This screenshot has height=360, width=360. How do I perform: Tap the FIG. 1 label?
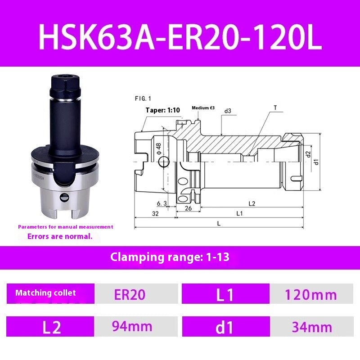point(143,98)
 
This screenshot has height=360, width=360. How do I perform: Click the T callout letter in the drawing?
point(274,108)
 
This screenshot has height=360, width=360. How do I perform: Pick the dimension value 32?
point(155,214)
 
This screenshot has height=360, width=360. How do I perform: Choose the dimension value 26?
point(188,208)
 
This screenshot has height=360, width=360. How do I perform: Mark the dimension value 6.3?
point(162,204)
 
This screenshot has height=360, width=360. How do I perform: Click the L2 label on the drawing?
point(251,203)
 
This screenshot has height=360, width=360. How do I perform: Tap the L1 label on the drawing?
point(239,213)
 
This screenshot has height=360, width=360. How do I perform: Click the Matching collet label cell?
point(46,293)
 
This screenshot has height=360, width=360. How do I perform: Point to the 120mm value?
point(311,295)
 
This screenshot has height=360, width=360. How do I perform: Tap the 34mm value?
point(312,327)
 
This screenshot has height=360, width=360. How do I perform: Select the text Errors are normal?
point(60,236)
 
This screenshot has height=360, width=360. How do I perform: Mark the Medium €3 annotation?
point(203,108)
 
